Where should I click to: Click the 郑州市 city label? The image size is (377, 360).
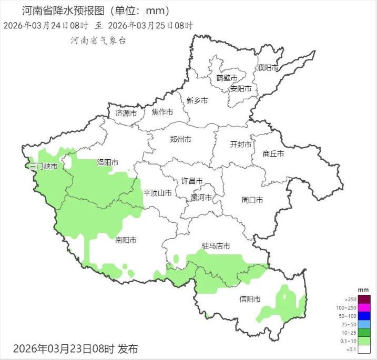click(180, 140)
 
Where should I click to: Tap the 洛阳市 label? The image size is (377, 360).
click(107, 162)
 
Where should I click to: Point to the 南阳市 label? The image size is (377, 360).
click(126, 240)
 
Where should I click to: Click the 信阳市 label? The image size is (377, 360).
click(250, 300)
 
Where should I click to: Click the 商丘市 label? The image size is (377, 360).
click(273, 154)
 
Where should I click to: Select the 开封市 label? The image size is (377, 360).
click(241, 145)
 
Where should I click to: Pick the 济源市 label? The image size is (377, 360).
click(126, 113)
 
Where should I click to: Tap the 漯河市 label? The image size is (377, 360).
click(201, 198)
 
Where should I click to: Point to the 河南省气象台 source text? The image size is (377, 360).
click(98, 41)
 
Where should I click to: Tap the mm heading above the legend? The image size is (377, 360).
click(363, 290)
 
